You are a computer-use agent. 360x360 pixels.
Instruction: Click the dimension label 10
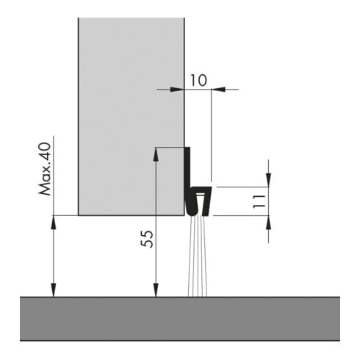[198, 81]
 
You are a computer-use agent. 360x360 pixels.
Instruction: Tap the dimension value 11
[259, 201]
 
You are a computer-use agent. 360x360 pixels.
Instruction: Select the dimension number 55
[147, 239]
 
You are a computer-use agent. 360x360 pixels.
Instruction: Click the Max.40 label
[45, 169]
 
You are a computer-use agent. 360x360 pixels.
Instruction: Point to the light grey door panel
[132, 117]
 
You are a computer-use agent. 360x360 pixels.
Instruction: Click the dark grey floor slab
[180, 319]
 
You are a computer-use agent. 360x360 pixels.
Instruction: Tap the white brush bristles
[198, 256]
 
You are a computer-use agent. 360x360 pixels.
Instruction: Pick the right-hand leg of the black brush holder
[206, 201]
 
